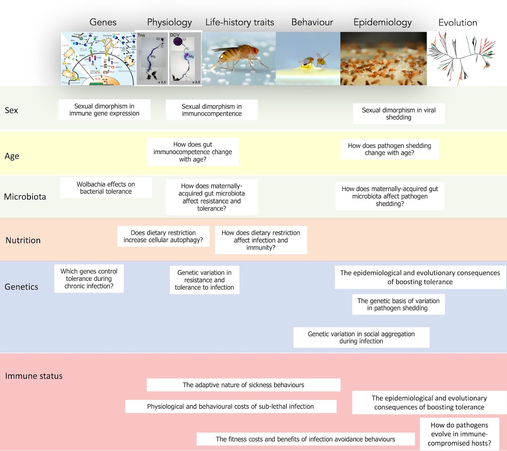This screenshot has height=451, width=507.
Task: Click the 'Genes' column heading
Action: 103,22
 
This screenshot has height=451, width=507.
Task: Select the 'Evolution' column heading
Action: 457,23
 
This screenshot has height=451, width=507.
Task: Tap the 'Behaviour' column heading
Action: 312,22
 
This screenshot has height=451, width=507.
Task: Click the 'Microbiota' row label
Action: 25,197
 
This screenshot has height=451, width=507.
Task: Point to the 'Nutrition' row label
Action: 23,240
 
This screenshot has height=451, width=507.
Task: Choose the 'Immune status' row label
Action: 34,376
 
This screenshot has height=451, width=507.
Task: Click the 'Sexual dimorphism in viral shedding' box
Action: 399,114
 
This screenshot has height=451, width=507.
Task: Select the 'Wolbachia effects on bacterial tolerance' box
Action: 106,188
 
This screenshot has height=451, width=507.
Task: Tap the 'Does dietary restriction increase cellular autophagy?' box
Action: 163,236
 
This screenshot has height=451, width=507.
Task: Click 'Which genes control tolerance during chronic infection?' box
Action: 89,279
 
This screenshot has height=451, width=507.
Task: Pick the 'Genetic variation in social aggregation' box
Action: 361,338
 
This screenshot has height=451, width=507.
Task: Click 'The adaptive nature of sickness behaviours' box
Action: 243,385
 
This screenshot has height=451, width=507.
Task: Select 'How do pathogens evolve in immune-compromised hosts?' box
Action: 459,434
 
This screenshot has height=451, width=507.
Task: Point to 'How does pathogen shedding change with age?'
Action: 389,149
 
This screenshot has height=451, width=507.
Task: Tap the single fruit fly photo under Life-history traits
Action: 239,59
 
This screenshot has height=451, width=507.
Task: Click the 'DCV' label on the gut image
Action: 175,35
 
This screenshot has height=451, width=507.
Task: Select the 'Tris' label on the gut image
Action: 141,35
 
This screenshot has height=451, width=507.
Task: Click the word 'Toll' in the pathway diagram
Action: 83,50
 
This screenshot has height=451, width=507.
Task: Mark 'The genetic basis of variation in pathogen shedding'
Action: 398,305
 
